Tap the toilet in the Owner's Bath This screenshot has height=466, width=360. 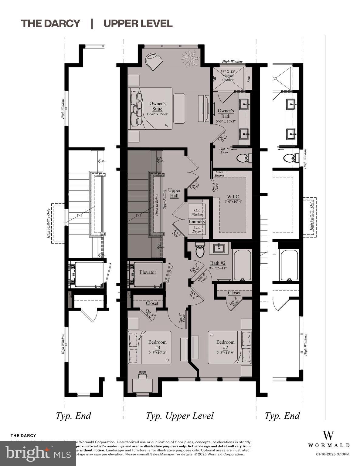pos(243,158)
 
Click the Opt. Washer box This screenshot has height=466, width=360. pos(196,211)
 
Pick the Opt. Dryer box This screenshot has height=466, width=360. pos(196,229)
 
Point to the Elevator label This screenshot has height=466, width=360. pos(148,272)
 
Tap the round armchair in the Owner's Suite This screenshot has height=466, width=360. pos(154,61)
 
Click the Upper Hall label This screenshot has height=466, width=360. pos(174,193)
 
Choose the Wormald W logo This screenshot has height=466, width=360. pos(328,435)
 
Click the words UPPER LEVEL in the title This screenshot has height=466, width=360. pos(138,23)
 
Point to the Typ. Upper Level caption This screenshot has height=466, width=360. pos(180,416)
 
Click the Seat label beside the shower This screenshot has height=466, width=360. pos(249,79)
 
